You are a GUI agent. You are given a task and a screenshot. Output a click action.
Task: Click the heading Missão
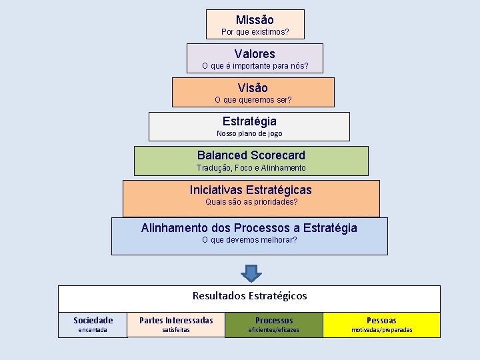coord(255,20)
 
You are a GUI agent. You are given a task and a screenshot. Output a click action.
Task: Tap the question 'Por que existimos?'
coord(255,32)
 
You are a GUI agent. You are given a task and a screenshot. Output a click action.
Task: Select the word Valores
coord(255,54)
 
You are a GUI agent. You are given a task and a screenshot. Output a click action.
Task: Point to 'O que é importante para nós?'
coord(255,66)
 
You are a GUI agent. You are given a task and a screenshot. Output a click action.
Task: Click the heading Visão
coord(253,88)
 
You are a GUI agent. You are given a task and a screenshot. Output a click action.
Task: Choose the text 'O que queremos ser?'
coord(253,100)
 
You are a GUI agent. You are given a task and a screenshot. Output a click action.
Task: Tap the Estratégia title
coord(249,121)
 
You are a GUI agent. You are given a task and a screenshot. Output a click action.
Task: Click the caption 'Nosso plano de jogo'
coord(249,133)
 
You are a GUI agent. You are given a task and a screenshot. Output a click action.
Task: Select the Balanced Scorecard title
coord(251,155)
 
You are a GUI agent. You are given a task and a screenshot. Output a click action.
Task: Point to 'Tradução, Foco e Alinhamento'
coord(251,168)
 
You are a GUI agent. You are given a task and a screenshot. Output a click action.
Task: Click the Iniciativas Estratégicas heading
coord(251,189)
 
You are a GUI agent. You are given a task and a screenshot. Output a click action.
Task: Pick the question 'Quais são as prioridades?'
coord(251,201)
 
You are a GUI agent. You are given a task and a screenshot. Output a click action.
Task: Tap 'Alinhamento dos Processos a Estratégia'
coord(249,228)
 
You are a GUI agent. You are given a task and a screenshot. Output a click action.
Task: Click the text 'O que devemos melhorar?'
coord(249,240)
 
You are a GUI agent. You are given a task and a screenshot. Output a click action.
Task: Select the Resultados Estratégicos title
coord(249,295)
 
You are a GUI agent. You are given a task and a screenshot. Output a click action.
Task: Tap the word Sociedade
coord(93,320)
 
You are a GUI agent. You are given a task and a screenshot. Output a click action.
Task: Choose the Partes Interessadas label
coord(176,320)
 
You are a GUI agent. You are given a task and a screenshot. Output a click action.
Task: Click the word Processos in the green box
coord(274,320)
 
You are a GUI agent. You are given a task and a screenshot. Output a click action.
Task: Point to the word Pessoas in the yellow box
coord(381,320)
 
